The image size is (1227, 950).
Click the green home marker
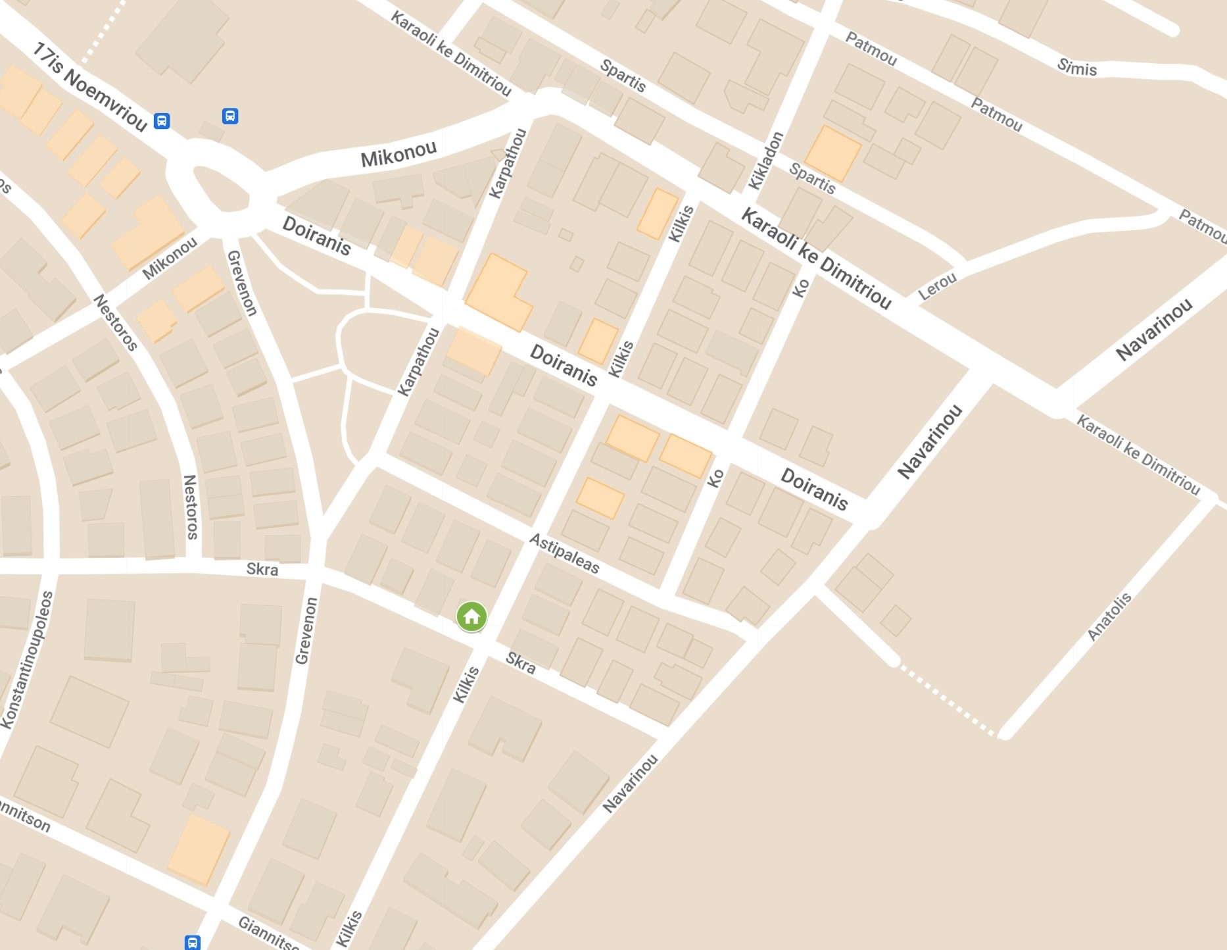click(471, 617)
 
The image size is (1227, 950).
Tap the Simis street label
click(1076, 67)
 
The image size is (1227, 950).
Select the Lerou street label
click(937, 286)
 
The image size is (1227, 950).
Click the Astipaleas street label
click(564, 553)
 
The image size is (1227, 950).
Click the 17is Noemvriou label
click(89, 86)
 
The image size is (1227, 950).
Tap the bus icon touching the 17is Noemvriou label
click(162, 121)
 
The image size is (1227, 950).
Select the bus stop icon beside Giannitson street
click(192, 942)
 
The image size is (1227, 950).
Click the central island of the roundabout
click(220, 189)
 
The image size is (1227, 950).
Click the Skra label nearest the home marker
click(520, 663)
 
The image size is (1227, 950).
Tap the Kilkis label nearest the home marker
click(466, 684)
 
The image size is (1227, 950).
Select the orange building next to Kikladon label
click(832, 154)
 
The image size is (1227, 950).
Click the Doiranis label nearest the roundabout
click(316, 235)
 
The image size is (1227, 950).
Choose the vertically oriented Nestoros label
click(190, 507)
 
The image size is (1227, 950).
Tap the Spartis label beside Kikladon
click(812, 178)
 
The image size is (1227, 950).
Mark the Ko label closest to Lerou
click(801, 287)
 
